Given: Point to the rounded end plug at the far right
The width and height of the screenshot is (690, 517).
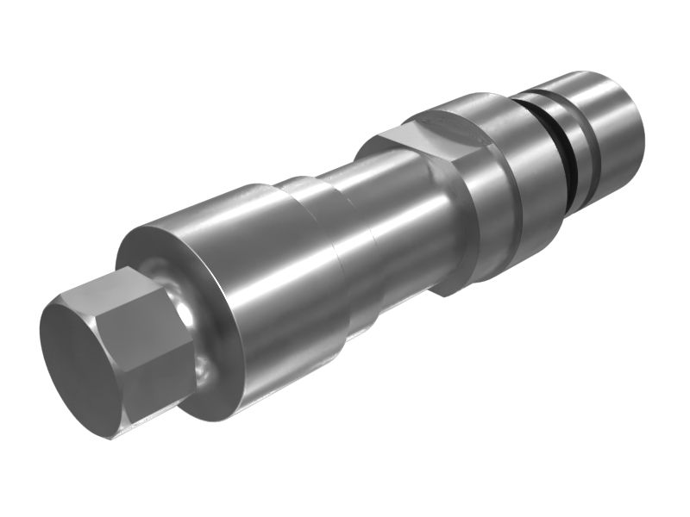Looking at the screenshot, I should [x=617, y=129].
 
